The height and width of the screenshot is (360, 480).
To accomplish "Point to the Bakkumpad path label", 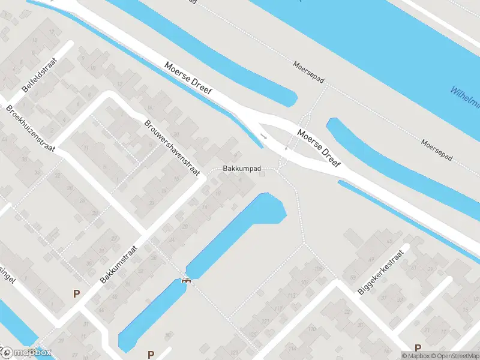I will pyautogui.click(x=242, y=169).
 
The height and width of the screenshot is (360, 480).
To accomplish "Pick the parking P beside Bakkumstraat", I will pyautogui.click(x=76, y=293).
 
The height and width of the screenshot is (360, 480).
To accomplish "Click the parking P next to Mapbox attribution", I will pyautogui.click(x=419, y=347).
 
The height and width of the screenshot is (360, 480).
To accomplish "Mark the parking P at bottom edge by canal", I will pyautogui.click(x=151, y=354).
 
